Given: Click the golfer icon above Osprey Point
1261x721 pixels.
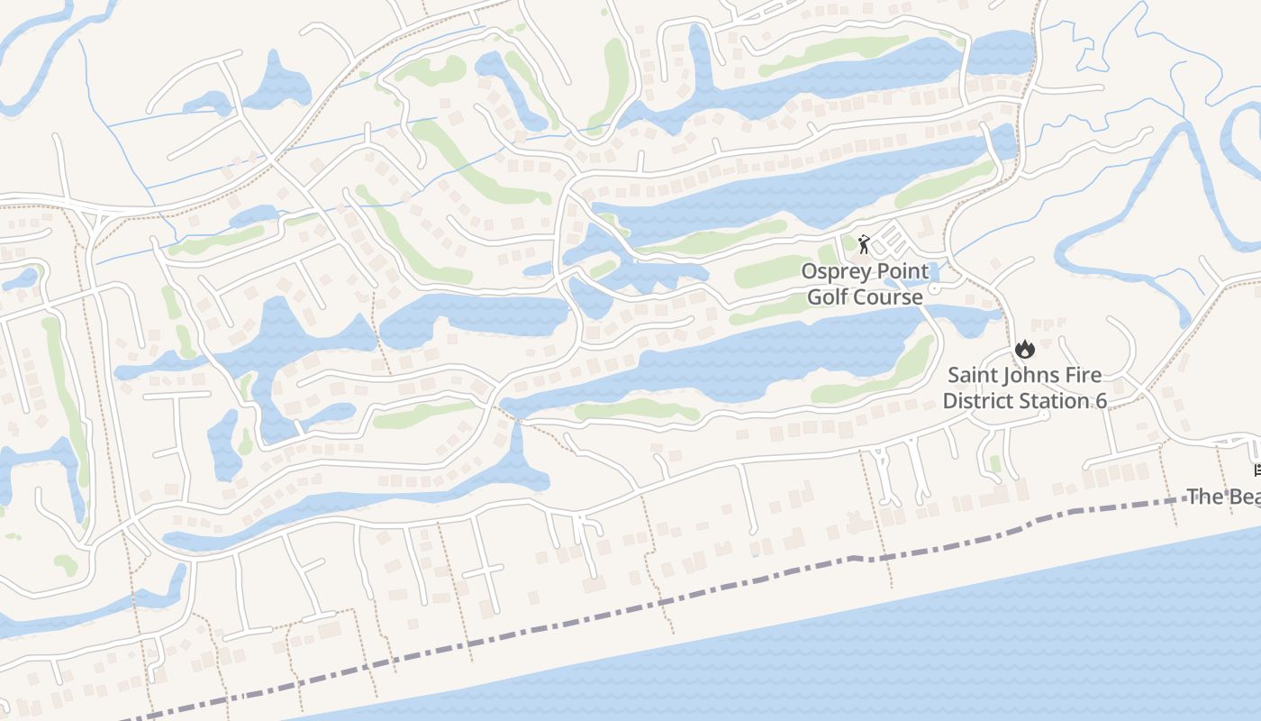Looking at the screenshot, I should [x=864, y=243].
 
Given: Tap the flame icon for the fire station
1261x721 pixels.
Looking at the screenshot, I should [x=1024, y=349].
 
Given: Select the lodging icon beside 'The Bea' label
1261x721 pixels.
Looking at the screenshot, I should [x=1256, y=470].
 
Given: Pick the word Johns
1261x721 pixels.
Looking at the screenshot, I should [x=1034, y=375].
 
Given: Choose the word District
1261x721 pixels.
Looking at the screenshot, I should [x=979, y=400].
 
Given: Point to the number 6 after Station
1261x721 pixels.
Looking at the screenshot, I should [x=1101, y=400].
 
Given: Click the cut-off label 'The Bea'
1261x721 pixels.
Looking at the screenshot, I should [x=1223, y=497].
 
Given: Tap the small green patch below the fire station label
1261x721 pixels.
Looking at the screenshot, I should [x=994, y=463].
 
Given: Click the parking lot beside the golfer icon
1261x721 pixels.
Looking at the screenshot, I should [x=892, y=236].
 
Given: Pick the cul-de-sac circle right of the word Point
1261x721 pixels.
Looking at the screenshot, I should [x=934, y=287].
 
